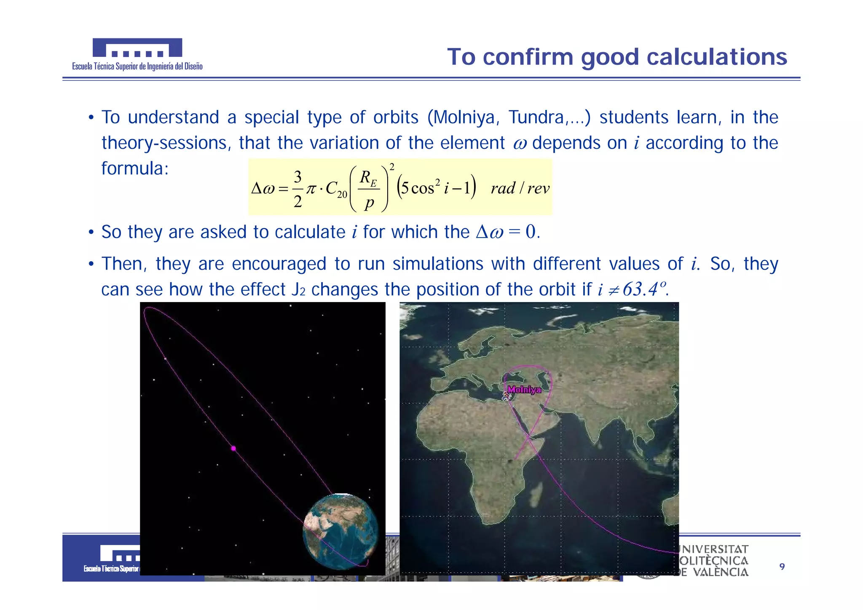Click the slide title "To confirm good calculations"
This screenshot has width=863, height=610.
tap(617, 57)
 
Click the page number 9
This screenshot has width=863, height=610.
tap(782, 567)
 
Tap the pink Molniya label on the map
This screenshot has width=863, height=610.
tap(524, 390)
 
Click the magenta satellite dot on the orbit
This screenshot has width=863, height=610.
tap(233, 449)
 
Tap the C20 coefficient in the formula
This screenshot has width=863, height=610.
tap(336, 189)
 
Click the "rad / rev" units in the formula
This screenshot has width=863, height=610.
tap(520, 188)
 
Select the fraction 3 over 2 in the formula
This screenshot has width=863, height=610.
tap(297, 189)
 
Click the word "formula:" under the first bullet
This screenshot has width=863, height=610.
tap(135, 169)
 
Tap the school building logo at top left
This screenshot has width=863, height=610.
tap(137, 48)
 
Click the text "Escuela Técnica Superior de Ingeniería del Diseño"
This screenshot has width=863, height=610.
tap(137, 67)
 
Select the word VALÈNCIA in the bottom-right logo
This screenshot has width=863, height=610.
tap(721, 573)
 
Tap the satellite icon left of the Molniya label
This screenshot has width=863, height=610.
tap(506, 396)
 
